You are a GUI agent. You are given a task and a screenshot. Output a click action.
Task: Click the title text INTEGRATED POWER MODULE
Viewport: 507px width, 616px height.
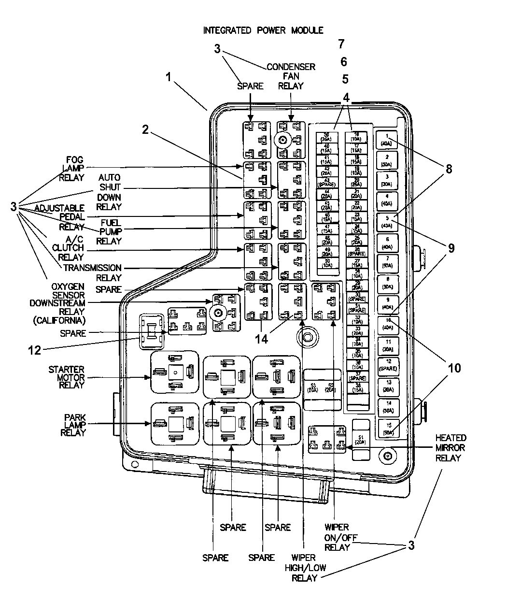pos(263,30)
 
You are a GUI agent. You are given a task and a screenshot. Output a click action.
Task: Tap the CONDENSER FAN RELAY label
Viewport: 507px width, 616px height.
pos(291,76)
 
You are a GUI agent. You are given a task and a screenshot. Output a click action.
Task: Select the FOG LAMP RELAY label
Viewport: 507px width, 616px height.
pos(71,168)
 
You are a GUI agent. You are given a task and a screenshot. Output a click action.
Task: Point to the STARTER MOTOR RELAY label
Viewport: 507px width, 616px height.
pos(66,377)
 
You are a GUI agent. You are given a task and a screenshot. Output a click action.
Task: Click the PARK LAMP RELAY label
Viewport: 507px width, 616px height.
pos(73,425)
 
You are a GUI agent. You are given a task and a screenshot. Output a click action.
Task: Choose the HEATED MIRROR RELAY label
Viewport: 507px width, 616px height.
pos(450,447)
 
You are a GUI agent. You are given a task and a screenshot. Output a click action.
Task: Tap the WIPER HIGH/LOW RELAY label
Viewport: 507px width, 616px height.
pos(304,568)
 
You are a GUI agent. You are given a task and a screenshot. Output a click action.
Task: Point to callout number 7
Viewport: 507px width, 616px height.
pos(341,44)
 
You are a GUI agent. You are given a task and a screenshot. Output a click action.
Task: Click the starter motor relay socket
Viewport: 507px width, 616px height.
pos(175,372)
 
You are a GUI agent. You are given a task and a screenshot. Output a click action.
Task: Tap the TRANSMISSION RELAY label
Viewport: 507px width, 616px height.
pos(92,272)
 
